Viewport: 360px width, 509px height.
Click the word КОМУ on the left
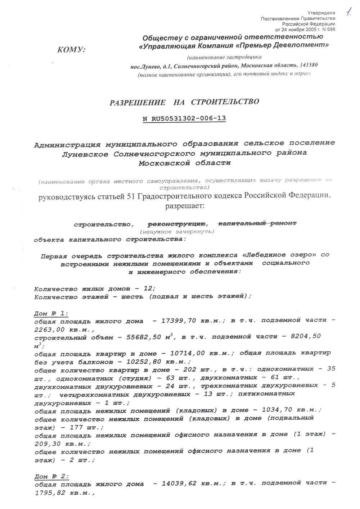pyautogui.click(x=71, y=50)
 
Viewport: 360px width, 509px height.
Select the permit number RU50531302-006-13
pyautogui.click(x=189, y=118)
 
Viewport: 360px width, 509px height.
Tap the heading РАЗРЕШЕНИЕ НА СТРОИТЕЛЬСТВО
pyautogui.click(x=184, y=102)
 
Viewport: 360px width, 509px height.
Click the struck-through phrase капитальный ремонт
pyautogui.click(x=257, y=223)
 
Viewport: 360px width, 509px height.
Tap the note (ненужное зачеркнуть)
pyautogui.click(x=177, y=232)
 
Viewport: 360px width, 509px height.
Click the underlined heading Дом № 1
pyautogui.click(x=51, y=313)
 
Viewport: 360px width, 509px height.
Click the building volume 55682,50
pyautogui.click(x=144, y=337)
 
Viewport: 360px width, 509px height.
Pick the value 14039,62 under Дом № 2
pyautogui.click(x=179, y=483)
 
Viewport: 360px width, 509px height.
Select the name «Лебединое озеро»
pyautogui.click(x=280, y=255)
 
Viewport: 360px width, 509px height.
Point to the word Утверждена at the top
pyautogui.click(x=324, y=13)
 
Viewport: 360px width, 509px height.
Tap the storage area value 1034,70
pyautogui.click(x=276, y=410)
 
